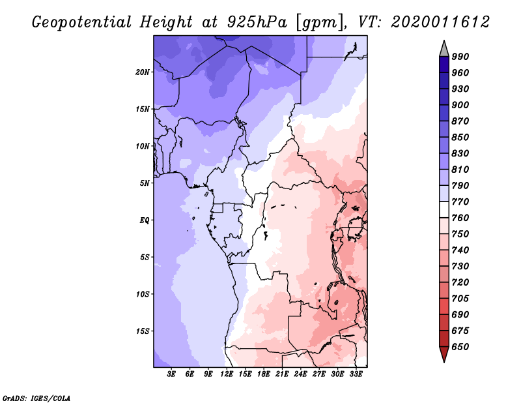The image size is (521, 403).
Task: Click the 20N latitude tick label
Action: [x=143, y=72]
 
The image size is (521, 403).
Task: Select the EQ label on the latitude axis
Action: [x=145, y=220]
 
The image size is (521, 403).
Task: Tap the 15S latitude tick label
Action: [x=143, y=331]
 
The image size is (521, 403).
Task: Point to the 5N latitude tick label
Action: [x=145, y=183]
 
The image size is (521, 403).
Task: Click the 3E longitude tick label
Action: [x=171, y=374]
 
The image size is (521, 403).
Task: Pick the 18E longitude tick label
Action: [x=264, y=374]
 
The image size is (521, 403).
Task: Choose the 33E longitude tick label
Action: [x=356, y=374]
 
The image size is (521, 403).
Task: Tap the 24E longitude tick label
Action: [x=300, y=374]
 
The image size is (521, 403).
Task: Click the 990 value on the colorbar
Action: [x=460, y=57]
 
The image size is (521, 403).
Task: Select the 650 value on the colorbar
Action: [x=460, y=347]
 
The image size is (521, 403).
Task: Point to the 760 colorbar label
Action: [x=460, y=218]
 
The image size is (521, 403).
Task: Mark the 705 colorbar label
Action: [x=460, y=299]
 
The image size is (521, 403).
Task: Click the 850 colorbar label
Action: [x=460, y=137]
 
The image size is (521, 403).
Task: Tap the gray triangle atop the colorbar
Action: [x=444, y=49]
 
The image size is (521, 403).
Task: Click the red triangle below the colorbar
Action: [x=444, y=354]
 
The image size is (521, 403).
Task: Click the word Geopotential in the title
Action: [x=82, y=23]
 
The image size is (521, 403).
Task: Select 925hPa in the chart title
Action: [x=257, y=22]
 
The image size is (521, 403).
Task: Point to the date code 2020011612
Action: [x=440, y=22]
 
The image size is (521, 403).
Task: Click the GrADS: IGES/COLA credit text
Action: [x=36, y=398]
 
